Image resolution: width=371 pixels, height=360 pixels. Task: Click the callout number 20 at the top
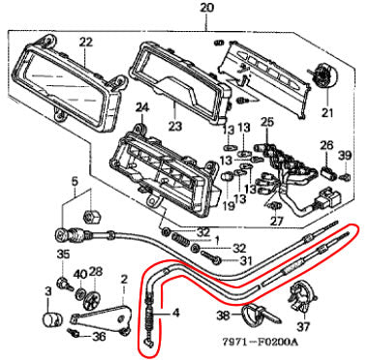tap(206, 7)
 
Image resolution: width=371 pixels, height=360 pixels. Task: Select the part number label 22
tap(85, 42)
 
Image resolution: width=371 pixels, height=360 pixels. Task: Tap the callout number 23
tap(175, 126)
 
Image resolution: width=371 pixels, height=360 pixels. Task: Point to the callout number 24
tap(142, 107)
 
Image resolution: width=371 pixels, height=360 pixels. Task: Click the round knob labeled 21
tap(325, 76)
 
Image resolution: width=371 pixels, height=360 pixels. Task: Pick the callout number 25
tap(267, 122)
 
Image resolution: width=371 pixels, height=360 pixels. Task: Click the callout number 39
tap(345, 156)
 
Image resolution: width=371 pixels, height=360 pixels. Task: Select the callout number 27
tap(277, 222)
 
